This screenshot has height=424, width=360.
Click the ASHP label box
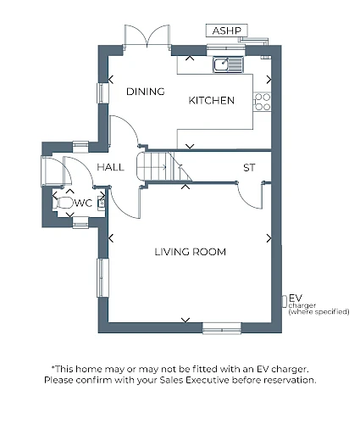227,31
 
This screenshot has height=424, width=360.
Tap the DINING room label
146,92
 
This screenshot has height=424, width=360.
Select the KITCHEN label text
212,100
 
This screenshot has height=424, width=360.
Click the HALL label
111,167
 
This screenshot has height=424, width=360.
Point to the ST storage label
249,168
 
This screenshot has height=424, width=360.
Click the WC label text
83,203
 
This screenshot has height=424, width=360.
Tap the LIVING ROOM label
191,252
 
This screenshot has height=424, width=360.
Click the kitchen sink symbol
228,64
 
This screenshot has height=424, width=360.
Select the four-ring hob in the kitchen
263,102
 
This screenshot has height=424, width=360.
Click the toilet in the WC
64,203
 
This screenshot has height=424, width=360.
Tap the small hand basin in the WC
102,203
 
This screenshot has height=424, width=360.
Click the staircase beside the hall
163,167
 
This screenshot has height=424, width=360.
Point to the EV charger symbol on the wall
285,301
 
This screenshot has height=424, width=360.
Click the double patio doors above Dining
147,36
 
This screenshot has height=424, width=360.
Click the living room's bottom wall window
222,328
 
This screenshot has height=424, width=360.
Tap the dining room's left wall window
102,93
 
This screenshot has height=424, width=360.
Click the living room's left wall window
102,277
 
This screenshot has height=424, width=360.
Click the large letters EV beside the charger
296,298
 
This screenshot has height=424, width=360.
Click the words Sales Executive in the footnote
194,380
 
